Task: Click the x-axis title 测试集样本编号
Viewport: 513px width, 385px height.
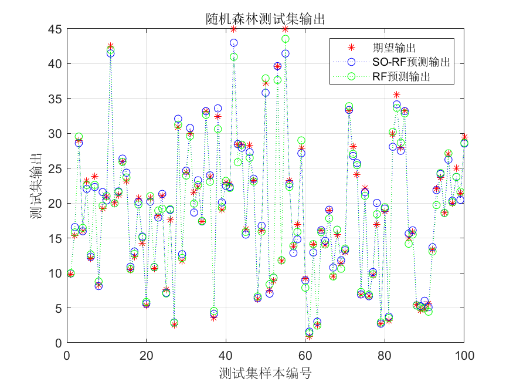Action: point(265,373)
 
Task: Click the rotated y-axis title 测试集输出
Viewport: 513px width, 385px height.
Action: point(36,186)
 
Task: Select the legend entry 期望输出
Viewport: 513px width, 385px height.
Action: point(398,48)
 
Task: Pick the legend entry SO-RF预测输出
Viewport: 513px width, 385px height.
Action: point(411,62)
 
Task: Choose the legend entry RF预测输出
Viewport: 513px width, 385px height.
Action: point(405,76)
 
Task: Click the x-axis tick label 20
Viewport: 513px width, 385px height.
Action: point(146,356)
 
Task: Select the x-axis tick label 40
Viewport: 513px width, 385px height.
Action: point(226,356)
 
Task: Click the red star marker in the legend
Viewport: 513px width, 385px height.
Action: point(352,48)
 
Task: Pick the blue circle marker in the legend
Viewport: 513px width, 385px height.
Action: point(352,62)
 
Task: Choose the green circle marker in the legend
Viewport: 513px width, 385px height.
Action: point(352,76)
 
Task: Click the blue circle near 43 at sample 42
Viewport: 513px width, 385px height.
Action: point(234,43)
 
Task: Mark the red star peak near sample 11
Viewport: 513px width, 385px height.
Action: point(110,46)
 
